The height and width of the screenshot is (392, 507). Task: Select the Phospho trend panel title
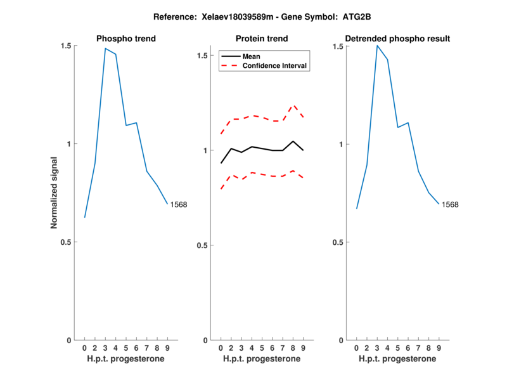[x=126, y=39]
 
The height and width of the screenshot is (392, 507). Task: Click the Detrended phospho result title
[x=397, y=39]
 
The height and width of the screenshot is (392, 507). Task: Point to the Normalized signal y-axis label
[x=55, y=193]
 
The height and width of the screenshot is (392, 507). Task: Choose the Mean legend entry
[x=251, y=56]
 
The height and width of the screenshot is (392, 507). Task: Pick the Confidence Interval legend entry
[x=275, y=65]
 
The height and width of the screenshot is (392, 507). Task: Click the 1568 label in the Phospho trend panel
[x=179, y=204]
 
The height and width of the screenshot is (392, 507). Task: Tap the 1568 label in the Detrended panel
[x=450, y=204]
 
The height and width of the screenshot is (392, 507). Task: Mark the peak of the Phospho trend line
[x=105, y=49]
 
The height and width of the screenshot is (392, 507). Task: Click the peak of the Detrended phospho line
[x=377, y=46]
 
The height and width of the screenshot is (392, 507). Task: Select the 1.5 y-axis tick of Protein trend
[x=203, y=56]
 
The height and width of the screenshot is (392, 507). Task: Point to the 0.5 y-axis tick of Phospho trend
[x=67, y=242]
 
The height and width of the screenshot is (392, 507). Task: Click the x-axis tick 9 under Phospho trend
[x=167, y=348]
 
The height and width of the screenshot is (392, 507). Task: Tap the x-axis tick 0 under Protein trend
[x=221, y=348]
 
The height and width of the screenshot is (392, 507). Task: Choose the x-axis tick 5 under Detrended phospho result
[x=397, y=348]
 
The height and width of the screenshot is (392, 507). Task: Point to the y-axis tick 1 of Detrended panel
[x=341, y=145]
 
